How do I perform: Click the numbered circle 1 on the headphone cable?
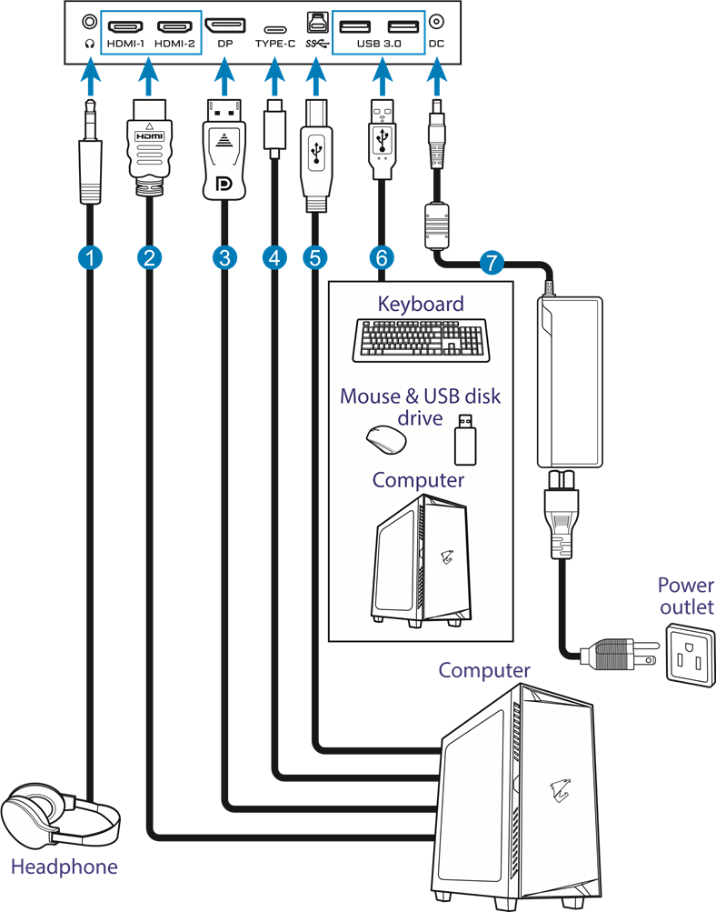click(x=88, y=257)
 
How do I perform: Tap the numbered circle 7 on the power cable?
click(x=491, y=264)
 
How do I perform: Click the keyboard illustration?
click(x=419, y=340)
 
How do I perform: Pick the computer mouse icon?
click(x=384, y=441)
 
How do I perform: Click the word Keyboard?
click(x=421, y=304)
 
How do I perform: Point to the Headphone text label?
click(x=64, y=867)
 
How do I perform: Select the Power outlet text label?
click(x=686, y=596)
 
